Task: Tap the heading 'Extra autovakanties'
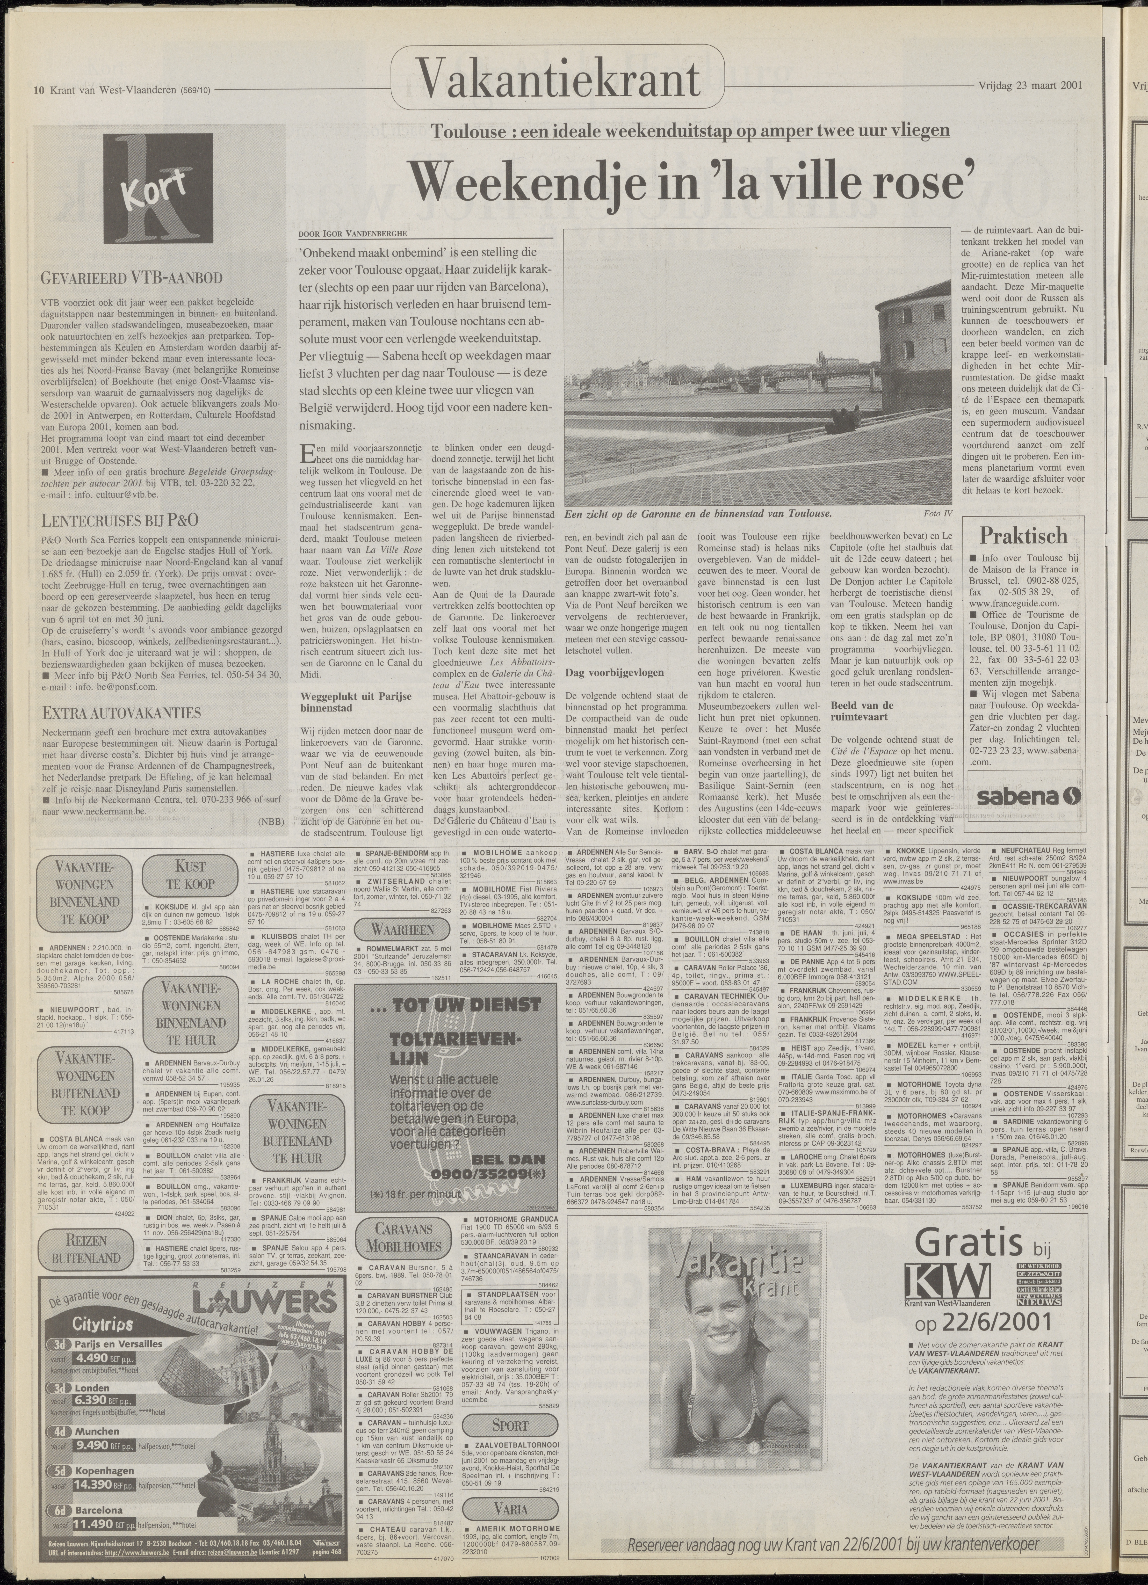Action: coord(122,713)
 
